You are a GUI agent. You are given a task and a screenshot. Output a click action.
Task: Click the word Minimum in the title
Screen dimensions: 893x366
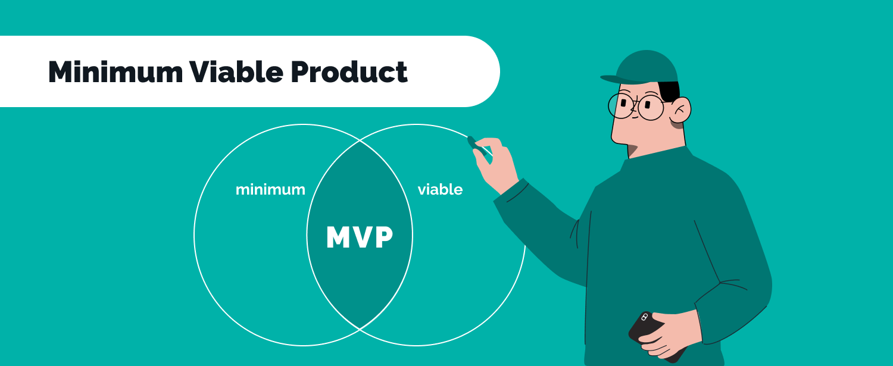tap(115, 72)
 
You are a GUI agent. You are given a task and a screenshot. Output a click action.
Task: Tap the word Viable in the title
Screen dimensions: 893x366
tap(236, 72)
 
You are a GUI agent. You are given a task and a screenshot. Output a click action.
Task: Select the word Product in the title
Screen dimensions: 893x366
tap(349, 72)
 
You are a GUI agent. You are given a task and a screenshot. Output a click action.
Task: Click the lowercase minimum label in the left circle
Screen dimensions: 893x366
tap(270, 189)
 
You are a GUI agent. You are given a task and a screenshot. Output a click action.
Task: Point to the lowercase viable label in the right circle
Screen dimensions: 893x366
tap(440, 189)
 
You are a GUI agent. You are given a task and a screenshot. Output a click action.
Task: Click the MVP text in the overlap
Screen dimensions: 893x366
tap(360, 237)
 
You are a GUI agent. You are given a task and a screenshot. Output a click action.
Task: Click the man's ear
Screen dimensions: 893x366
tap(680, 110)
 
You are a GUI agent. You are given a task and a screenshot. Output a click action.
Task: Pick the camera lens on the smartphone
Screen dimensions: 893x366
tap(644, 317)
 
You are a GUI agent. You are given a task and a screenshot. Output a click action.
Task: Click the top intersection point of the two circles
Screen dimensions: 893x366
tap(360, 140)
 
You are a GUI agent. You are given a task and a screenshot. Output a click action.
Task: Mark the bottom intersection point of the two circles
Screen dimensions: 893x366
tap(360, 329)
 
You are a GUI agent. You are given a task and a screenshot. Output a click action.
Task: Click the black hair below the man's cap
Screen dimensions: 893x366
tap(669, 91)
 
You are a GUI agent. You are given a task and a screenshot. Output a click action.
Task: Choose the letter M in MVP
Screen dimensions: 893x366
tap(339, 237)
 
